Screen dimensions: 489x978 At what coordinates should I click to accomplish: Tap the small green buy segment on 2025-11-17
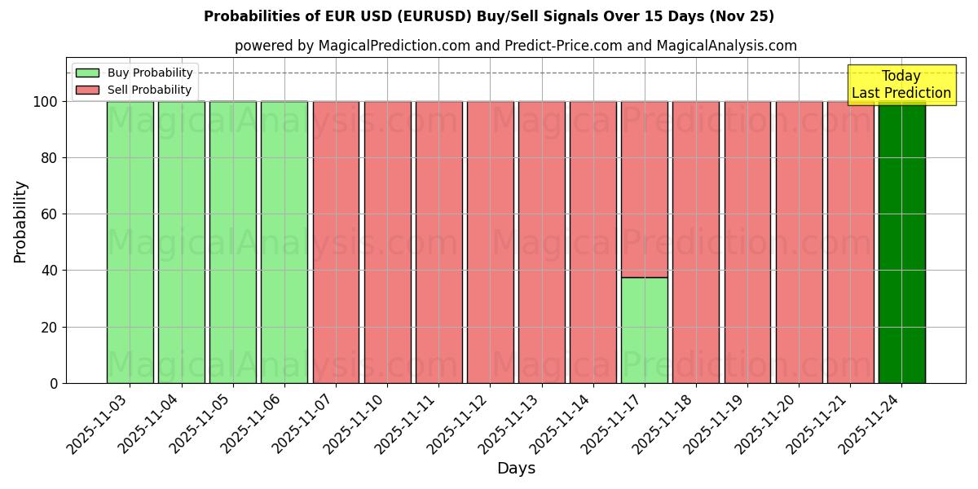(644, 330)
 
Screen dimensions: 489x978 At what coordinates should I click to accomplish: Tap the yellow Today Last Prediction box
(901, 85)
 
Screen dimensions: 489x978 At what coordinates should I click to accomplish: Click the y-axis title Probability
(20, 222)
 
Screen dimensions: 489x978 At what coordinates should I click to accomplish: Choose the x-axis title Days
(516, 469)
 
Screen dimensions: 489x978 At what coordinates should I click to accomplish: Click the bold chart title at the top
(489, 16)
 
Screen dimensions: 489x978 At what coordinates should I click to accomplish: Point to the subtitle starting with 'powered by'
(516, 46)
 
